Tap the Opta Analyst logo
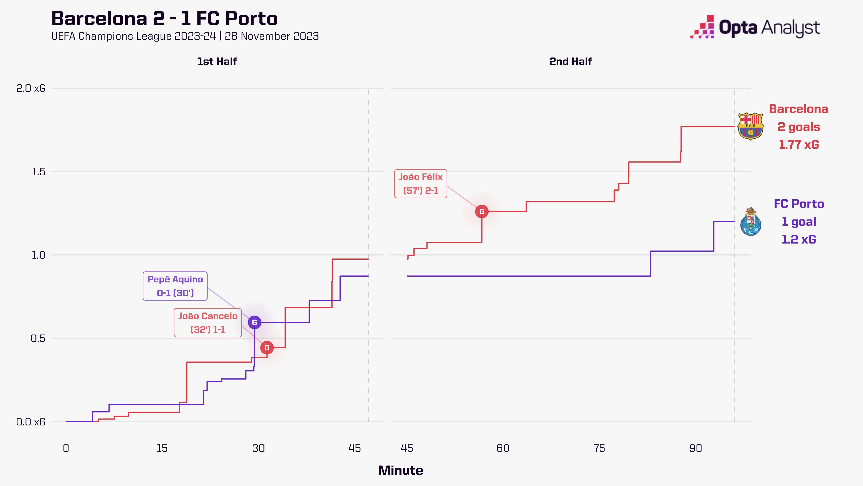pos(755,27)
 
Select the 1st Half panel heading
pos(217,61)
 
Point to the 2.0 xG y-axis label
pos(31,88)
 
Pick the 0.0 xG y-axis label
pos(31,422)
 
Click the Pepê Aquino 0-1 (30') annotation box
pos(175,286)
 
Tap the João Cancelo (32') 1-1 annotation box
pos(208,323)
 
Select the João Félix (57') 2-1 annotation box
pos(421,184)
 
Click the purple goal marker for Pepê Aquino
pos(255,322)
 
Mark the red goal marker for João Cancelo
pos(267,348)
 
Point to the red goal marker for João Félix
pos(482,212)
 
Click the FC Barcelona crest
pos(751,126)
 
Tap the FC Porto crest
pos(751,221)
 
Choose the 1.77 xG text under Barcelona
pos(799,144)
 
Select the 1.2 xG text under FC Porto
pos(799,239)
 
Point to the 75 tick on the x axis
pos(599,448)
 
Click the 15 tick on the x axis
pos(162,448)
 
